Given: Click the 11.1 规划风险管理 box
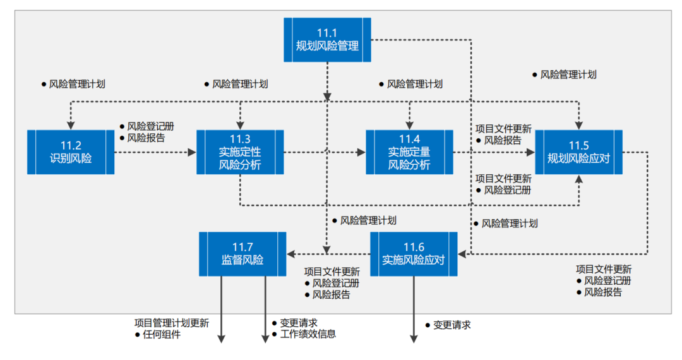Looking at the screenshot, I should pos(327,40).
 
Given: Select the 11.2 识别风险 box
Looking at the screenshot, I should pos(71,152).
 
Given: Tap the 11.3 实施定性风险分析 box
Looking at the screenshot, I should pos(240,152).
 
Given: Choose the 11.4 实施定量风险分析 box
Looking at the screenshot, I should pos(409,152).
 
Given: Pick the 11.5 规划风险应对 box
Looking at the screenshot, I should pos(578,152).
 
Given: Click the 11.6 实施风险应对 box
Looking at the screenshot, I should pos(414,254).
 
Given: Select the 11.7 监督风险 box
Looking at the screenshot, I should pos(242,254).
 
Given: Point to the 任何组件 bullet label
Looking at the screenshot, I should pos(162,335).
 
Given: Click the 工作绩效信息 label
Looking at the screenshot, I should pos(308,334).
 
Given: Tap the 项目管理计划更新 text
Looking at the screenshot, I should pos(172,323).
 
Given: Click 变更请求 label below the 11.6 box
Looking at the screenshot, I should pos(452,325).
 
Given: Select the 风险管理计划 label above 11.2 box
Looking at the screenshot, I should pos(77,83).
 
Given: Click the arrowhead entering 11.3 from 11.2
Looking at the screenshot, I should pos(192,152).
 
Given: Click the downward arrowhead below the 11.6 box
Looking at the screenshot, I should pos(414,339).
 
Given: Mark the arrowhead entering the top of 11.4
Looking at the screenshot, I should pos(409,125).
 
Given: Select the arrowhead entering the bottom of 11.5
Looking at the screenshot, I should pos(578,179).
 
